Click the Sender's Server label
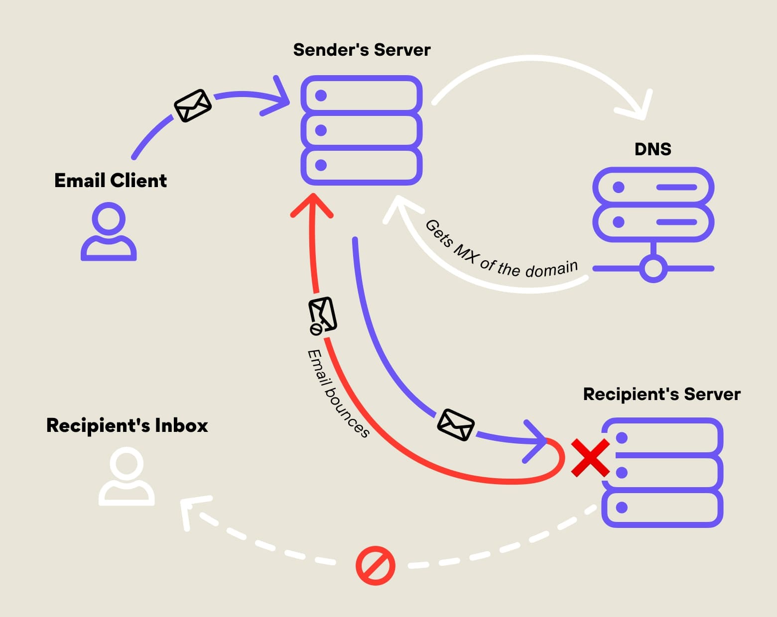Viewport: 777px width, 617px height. pos(362,50)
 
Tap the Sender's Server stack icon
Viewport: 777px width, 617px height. pos(362,130)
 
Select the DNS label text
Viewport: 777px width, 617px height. pos(652,149)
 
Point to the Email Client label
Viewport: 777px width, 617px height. pos(110,180)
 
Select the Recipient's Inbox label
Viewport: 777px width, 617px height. pos(127,425)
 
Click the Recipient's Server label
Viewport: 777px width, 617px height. pos(661,394)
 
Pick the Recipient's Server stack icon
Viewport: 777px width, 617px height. pos(662,473)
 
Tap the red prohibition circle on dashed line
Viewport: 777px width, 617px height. pos(376,566)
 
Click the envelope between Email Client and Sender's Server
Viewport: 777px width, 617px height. pos(193,105)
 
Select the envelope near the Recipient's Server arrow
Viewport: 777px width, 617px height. pos(455,424)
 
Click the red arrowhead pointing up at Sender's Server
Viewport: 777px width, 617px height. pos(312,205)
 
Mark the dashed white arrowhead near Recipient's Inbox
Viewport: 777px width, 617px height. pos(192,510)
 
